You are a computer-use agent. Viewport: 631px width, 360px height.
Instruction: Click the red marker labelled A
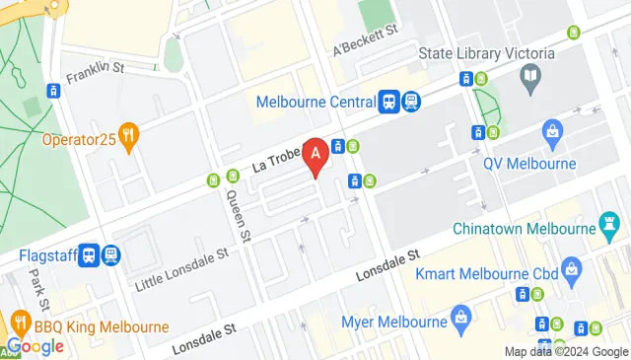316,155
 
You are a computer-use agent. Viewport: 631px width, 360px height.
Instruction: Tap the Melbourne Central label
315,101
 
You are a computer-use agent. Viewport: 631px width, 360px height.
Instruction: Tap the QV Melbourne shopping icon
552,130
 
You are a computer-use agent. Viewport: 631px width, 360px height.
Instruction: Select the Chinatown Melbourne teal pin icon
603,229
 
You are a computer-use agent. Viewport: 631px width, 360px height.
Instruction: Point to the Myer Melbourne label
394,321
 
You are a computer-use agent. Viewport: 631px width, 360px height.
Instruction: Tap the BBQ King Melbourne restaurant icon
19,323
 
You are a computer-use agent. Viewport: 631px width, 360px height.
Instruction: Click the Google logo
35,346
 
